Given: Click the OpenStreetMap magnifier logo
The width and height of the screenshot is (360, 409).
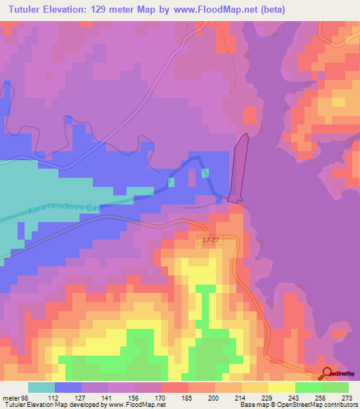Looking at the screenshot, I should coord(327,374).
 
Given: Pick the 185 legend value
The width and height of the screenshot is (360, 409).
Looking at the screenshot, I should coord(187,398).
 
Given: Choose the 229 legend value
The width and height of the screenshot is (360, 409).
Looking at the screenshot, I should coord(267,398).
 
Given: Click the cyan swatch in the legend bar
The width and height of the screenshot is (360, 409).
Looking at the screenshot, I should coord(41,387).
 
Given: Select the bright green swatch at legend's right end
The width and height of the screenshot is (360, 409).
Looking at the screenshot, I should coord(335,387).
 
